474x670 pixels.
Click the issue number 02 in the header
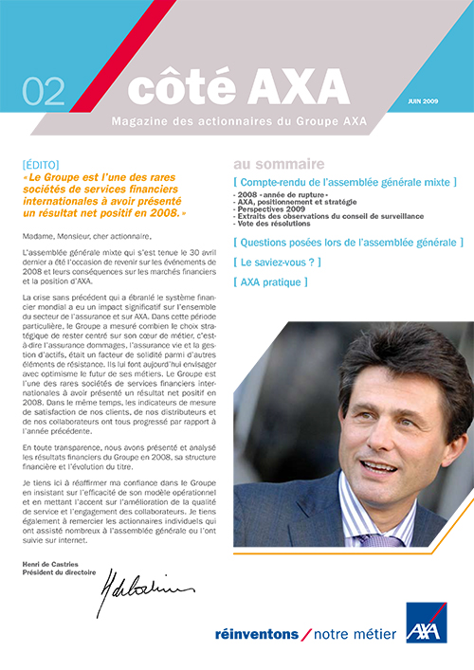click(x=43, y=90)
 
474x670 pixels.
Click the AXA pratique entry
click(x=271, y=282)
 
